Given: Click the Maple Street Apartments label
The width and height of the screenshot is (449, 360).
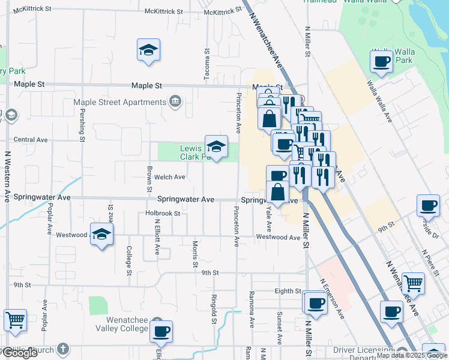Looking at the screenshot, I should [119, 102].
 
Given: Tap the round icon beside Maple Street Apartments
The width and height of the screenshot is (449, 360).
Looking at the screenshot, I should [175, 101].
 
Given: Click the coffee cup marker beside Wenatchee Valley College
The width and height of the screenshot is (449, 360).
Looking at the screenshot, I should [160, 330].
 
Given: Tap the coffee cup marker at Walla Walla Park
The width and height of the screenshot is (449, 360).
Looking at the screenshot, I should [382, 61].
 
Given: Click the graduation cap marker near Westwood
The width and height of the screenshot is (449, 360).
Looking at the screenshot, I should [101, 233].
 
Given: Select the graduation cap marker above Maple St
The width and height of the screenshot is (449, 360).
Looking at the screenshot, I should [148, 50].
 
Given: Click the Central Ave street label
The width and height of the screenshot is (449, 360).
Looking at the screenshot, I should [30, 140].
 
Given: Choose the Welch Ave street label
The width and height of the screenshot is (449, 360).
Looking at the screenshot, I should [170, 177].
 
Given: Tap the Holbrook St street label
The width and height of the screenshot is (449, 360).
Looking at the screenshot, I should [163, 214].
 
